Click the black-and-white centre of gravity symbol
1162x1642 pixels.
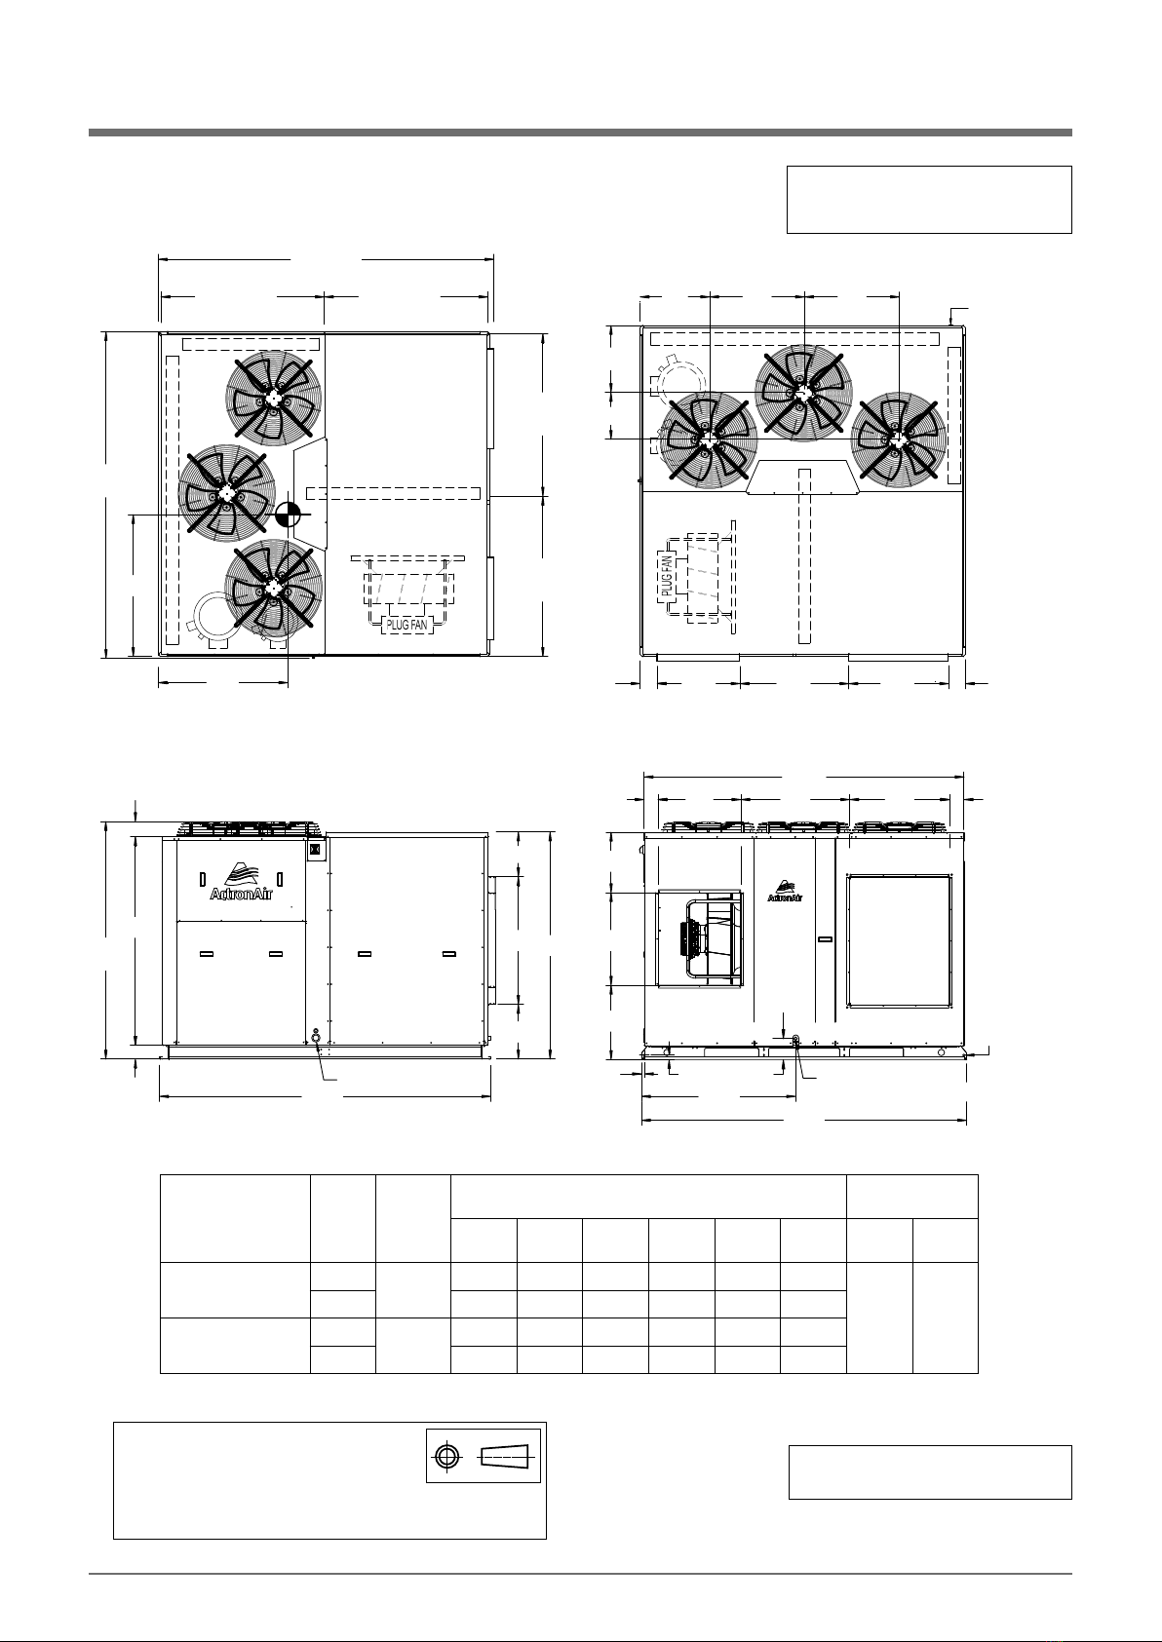click(x=289, y=515)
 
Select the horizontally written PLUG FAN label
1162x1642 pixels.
click(x=407, y=626)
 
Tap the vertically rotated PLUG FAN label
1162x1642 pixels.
click(x=667, y=576)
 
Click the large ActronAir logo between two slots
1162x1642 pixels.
click(x=241, y=882)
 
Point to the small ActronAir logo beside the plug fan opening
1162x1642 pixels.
click(x=784, y=892)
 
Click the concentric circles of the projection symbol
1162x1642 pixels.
click(x=447, y=1456)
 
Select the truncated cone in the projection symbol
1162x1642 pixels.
click(x=505, y=1456)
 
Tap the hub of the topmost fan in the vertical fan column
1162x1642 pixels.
click(x=274, y=398)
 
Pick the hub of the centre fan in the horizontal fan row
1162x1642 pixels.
click(x=804, y=393)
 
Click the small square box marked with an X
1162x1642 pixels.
click(x=317, y=850)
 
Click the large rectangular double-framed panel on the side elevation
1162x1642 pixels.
click(x=899, y=940)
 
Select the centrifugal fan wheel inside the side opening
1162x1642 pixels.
click(x=713, y=939)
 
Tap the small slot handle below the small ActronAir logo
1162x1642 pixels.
click(x=825, y=939)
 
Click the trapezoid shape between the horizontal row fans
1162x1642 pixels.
click(x=803, y=477)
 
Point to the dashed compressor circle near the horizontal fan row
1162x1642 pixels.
click(x=681, y=387)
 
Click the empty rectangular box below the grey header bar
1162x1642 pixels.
click(x=930, y=200)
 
